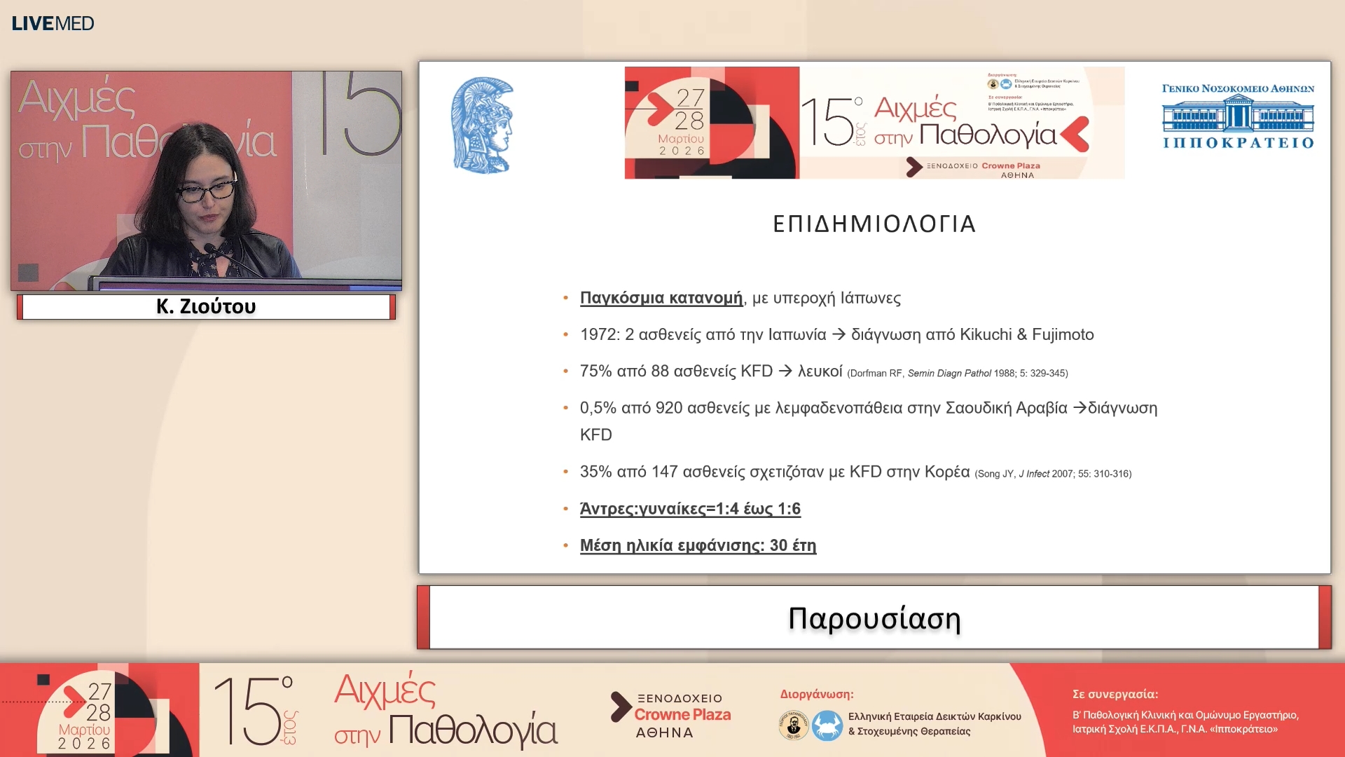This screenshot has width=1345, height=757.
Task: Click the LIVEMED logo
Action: (53, 23)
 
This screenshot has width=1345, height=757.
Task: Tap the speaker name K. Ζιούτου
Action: (206, 306)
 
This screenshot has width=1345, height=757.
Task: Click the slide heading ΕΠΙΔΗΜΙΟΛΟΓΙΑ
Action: (874, 224)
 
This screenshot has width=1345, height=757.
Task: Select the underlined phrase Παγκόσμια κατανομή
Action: (661, 298)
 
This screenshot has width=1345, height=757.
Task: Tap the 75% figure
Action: (595, 371)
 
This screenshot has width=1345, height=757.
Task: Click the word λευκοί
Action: (820, 371)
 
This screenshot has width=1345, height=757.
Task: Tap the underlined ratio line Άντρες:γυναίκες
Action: (690, 509)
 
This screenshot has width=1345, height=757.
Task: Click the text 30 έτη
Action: (793, 545)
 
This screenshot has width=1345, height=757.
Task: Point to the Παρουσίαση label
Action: (874, 618)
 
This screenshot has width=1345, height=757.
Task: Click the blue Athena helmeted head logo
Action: (482, 125)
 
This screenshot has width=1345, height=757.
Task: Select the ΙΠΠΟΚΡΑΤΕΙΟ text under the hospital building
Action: (1238, 143)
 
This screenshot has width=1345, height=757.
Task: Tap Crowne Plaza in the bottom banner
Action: (682, 715)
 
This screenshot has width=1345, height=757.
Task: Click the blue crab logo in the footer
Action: (827, 725)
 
